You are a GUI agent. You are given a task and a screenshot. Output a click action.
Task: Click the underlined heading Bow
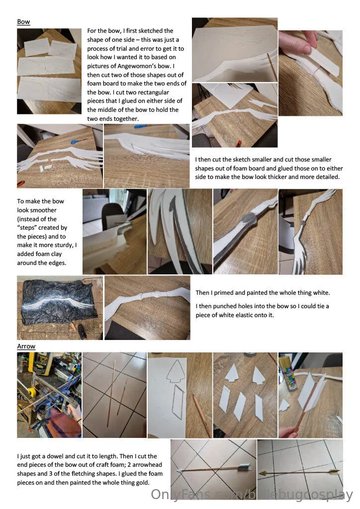(23, 22)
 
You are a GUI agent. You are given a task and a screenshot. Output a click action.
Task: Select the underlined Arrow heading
(26, 346)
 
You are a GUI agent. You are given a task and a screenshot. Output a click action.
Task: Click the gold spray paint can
(287, 373)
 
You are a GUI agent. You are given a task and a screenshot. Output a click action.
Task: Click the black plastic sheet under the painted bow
(59, 302)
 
